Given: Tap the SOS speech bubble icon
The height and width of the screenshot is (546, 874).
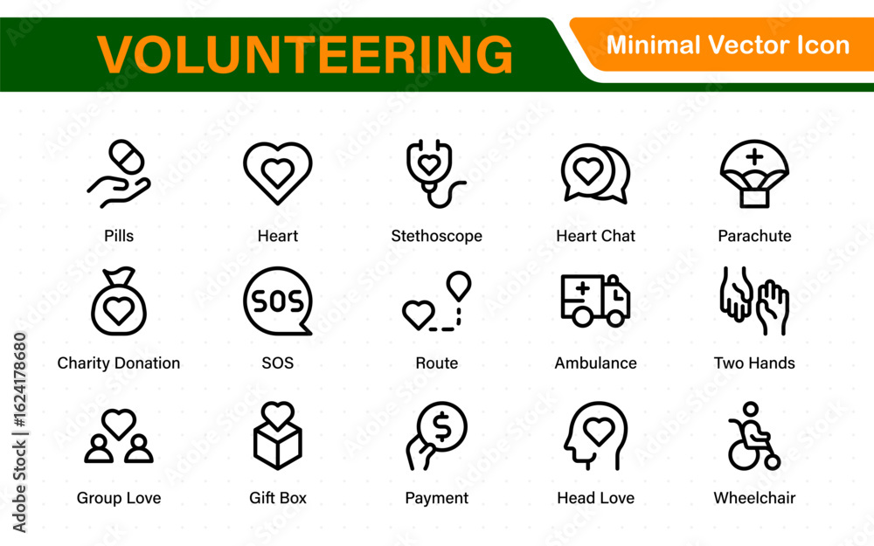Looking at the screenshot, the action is click(x=278, y=301).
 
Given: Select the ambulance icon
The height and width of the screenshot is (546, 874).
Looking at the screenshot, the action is click(x=595, y=301).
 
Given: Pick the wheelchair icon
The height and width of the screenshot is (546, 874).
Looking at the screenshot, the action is click(x=753, y=437).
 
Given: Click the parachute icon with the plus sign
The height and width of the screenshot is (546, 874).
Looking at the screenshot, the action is click(x=754, y=173).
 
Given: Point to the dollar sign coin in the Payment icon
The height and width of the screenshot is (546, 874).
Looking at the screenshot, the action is click(x=442, y=427).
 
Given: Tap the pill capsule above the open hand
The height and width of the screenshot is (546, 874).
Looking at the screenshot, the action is click(x=127, y=156).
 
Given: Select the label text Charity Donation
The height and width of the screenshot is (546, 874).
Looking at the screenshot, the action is click(x=119, y=363).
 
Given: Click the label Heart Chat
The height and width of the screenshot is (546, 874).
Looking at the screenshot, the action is click(x=595, y=236).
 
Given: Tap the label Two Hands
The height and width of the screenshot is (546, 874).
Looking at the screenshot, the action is click(x=754, y=363).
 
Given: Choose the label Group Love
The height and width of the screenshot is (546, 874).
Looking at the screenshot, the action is click(x=119, y=498).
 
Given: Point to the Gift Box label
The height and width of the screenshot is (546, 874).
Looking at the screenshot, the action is click(x=278, y=498).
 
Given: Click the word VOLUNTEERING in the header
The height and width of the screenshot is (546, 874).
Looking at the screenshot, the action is click(x=304, y=54).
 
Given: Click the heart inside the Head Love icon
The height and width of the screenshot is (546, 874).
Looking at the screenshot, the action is click(x=598, y=432).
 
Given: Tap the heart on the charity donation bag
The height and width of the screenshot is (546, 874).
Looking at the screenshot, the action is click(x=119, y=311).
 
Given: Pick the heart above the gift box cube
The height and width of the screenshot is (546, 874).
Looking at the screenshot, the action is click(x=278, y=415).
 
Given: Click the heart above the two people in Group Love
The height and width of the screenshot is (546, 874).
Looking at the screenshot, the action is click(x=119, y=424).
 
